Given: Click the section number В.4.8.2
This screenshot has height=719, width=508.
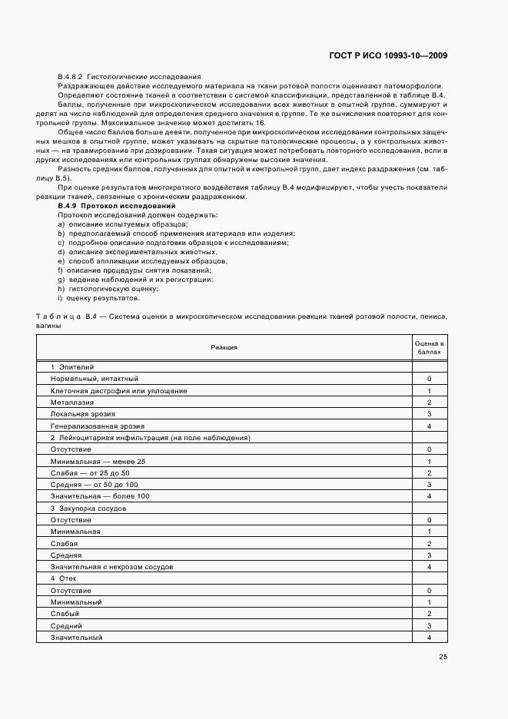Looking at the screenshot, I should (x=71, y=77).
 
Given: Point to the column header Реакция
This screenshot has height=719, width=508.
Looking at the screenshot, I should (x=224, y=348).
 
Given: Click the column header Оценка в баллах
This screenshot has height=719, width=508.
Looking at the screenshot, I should (x=429, y=347).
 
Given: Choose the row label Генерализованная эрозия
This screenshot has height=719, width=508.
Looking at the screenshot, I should (x=97, y=426).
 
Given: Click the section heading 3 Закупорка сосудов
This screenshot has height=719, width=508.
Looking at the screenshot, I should (x=83, y=509).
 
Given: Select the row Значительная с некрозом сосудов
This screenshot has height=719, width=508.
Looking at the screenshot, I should (x=111, y=567).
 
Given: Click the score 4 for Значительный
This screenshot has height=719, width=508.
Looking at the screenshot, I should (x=429, y=638).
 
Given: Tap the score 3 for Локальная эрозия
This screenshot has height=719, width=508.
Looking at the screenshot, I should (x=429, y=414).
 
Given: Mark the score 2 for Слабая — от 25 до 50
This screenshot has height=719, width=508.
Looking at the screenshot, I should (x=429, y=472).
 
